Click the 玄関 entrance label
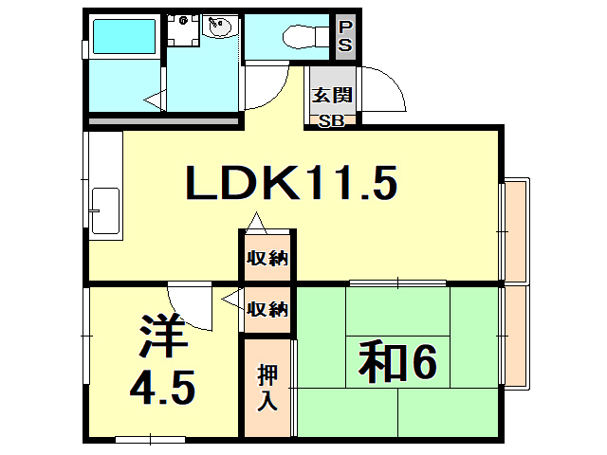pos(331,95)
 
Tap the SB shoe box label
pos(331,120)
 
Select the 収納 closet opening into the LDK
pos(267,258)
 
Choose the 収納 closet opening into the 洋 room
pos(267,309)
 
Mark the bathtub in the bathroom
pos(122,37)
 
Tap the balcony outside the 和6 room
pos(517,337)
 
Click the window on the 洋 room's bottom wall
pos(150,439)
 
